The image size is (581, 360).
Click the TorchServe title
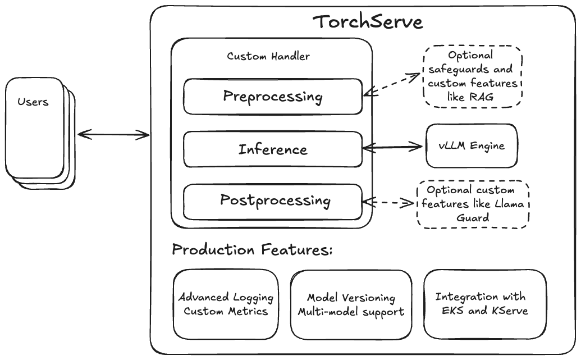pos(368,22)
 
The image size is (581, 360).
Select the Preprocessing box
pos(272,96)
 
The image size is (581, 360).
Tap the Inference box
pos(272,149)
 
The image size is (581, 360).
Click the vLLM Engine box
pos(472,146)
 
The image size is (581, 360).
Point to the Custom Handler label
pos(268,57)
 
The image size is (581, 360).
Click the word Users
pos(33,102)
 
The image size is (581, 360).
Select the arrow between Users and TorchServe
pos(114,134)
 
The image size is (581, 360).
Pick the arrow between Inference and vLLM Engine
pos(392,147)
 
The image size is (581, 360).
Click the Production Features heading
pos(252,250)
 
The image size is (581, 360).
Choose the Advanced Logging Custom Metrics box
pos(226,304)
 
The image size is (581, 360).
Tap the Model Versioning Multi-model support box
pos(351,304)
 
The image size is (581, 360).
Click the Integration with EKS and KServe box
pos(484,304)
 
